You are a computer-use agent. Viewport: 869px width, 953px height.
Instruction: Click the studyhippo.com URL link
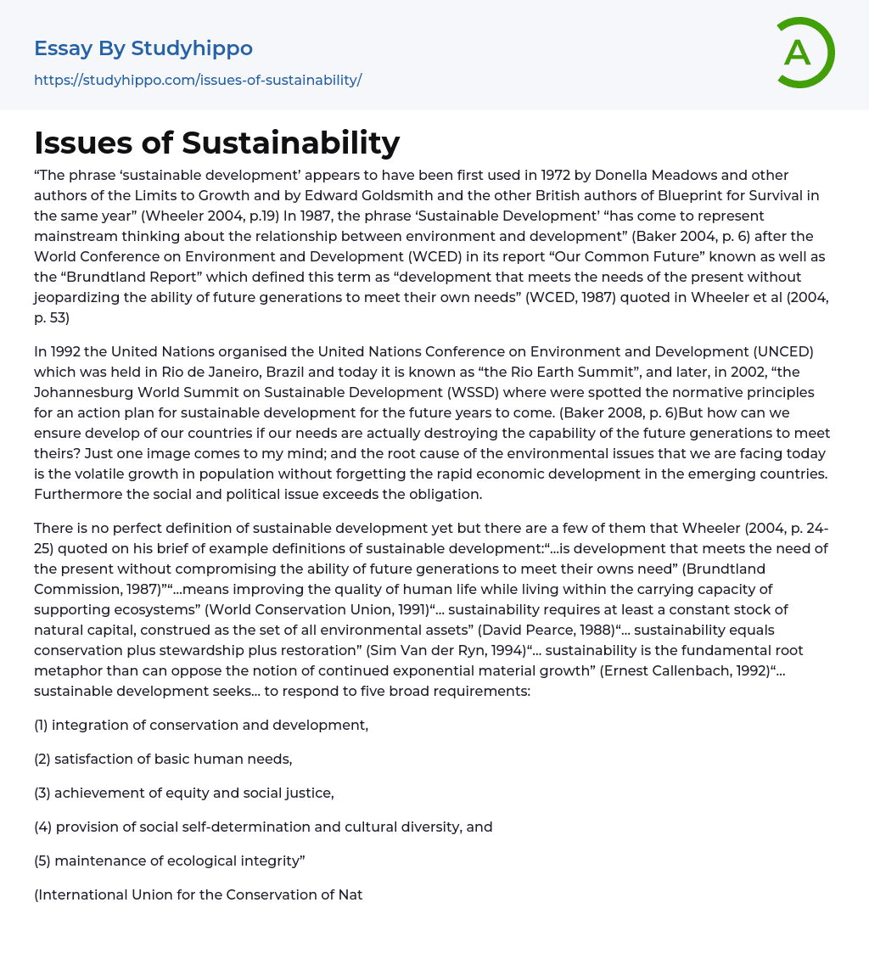[198, 80]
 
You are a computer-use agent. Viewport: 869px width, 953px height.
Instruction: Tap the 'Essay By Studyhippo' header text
[143, 48]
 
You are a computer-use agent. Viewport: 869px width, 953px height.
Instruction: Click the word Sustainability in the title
[290, 143]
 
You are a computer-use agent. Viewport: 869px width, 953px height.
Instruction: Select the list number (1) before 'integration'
[41, 726]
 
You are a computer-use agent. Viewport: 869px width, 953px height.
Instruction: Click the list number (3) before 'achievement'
[42, 793]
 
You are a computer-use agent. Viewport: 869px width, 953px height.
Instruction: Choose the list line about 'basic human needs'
[163, 760]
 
